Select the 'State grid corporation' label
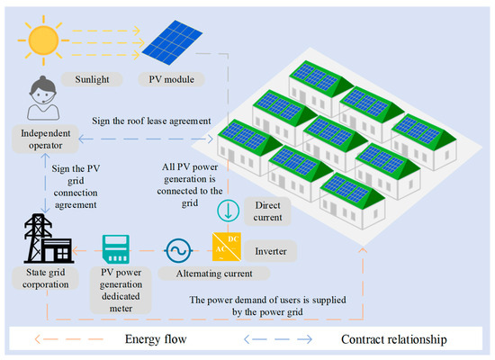click(43, 280)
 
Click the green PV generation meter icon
click(117, 247)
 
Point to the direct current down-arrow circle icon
click(227, 209)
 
